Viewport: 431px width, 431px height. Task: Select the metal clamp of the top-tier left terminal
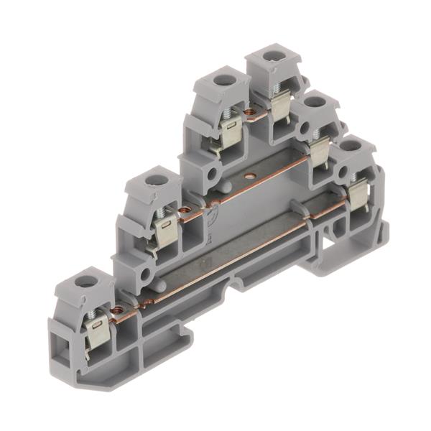point(231,131)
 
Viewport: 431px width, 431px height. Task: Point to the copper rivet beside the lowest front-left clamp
point(118,310)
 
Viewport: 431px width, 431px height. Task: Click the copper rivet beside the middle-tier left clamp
point(185,210)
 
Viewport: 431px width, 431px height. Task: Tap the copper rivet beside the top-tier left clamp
point(249,112)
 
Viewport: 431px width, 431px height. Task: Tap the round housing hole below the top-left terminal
point(212,175)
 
